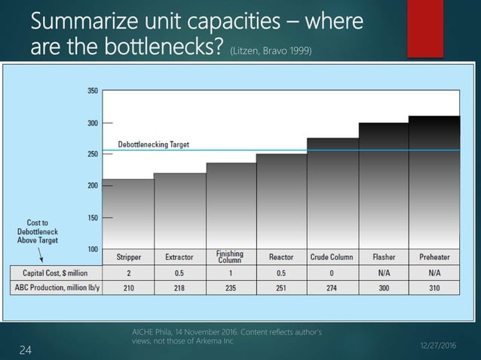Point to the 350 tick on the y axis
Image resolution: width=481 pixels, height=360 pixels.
point(92,90)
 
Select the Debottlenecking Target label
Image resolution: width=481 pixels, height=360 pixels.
point(153,144)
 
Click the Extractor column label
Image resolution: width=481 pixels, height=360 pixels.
point(179,257)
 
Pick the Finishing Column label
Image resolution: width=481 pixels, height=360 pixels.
point(230,257)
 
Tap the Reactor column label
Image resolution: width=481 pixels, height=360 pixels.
point(281,257)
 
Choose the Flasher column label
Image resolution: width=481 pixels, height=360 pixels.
point(383,257)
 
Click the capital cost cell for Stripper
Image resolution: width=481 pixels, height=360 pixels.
point(128,272)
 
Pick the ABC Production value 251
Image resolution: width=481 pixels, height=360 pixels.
point(281,286)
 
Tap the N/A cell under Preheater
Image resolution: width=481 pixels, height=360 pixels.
point(434,272)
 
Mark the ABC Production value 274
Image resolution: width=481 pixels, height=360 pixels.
point(332,286)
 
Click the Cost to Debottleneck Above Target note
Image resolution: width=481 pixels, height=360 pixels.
point(33,234)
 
